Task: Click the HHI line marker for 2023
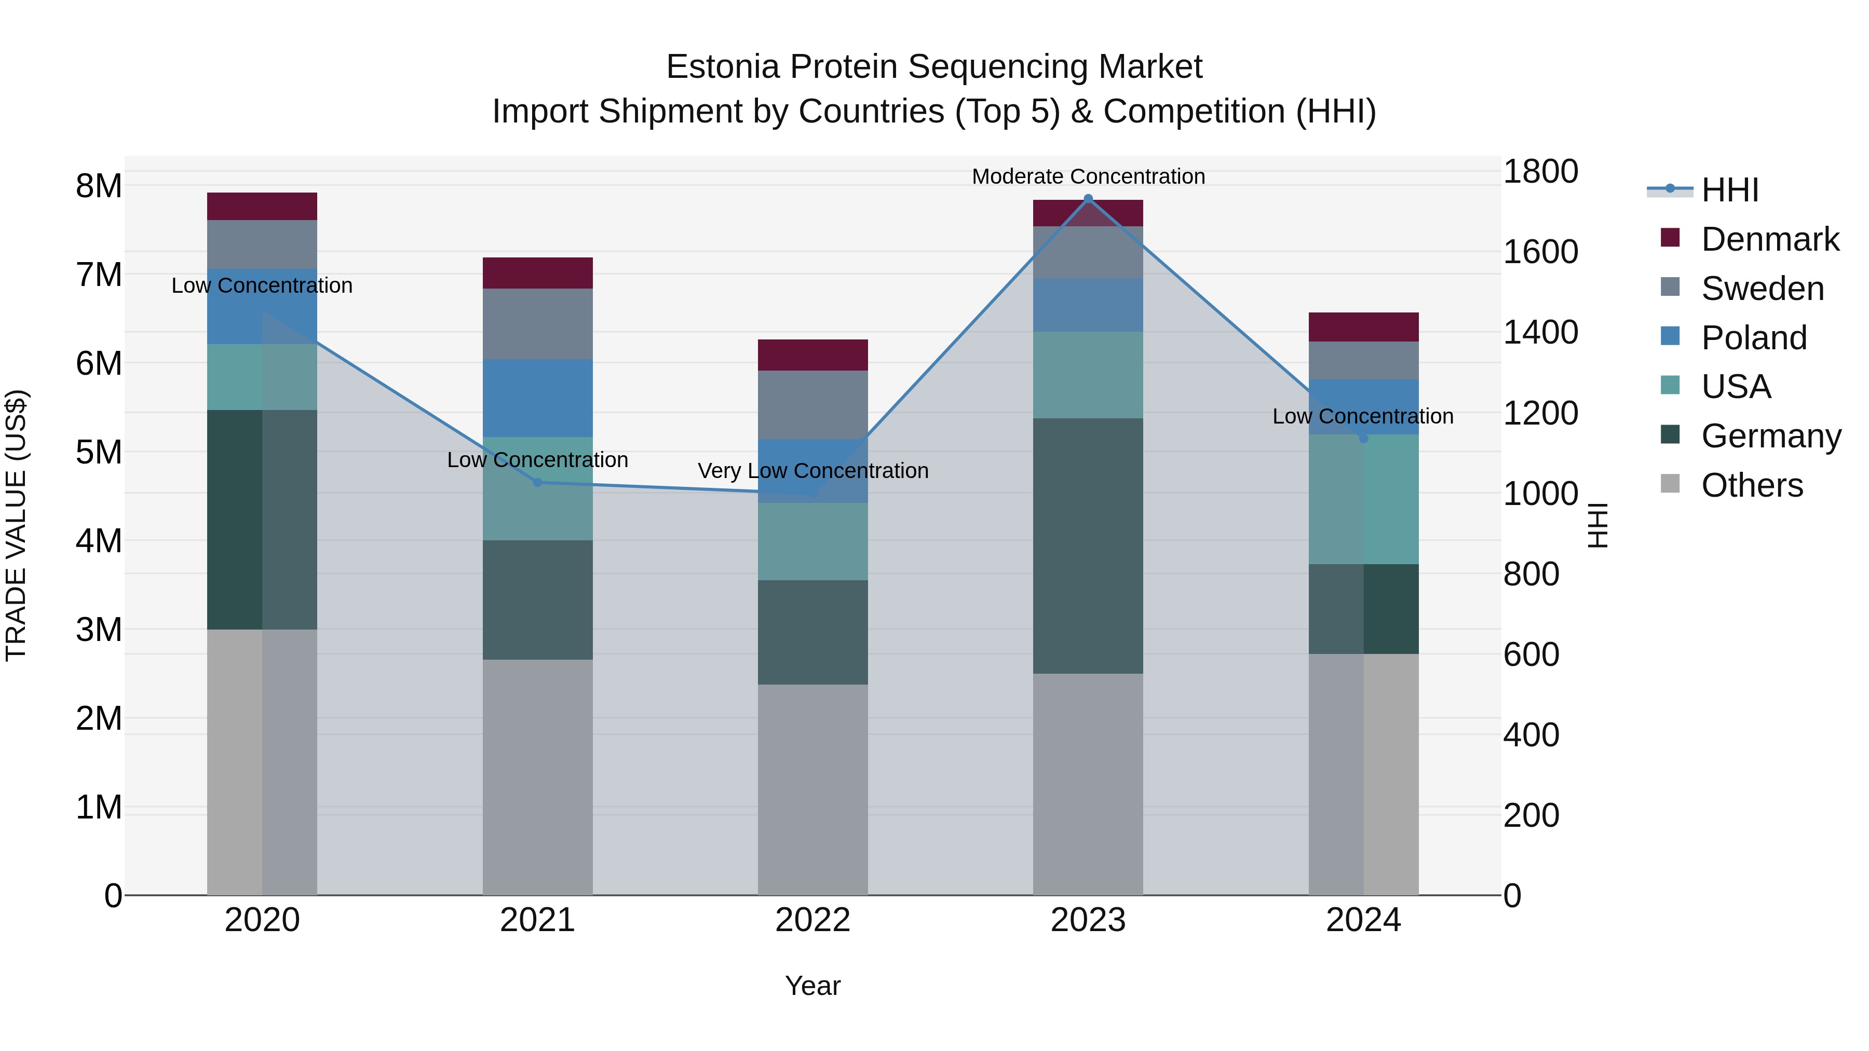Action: (x=1088, y=199)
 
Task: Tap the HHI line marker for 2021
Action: (x=538, y=482)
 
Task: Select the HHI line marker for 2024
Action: (x=1363, y=438)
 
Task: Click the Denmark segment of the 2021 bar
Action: (x=538, y=272)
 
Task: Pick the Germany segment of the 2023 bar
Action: (x=1088, y=545)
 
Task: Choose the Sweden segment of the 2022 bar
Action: (x=812, y=405)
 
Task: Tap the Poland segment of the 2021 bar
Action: (x=538, y=398)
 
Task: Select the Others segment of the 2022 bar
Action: (x=812, y=789)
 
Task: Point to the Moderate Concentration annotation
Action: (x=1088, y=176)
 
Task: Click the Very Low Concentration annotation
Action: (x=812, y=471)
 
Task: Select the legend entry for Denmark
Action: (x=1770, y=239)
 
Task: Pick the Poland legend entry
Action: (x=1754, y=338)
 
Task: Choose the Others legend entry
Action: (x=1752, y=485)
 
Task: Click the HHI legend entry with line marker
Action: (x=1729, y=190)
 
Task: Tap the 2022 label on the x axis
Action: (x=812, y=920)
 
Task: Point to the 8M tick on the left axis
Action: (x=99, y=186)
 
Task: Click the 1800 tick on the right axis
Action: (x=1540, y=172)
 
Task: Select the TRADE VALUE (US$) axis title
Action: (x=17, y=525)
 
